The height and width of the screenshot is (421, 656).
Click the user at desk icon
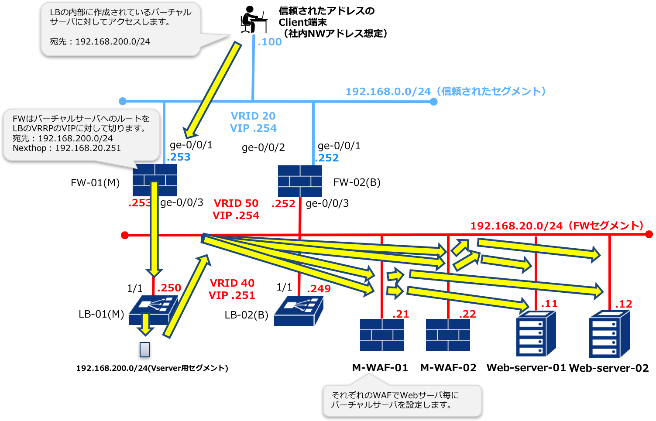pyautogui.click(x=254, y=19)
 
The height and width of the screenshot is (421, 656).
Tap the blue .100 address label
pyautogui.click(x=270, y=42)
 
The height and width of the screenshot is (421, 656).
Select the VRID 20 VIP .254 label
pyautogui.click(x=253, y=122)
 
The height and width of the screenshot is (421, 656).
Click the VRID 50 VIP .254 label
pyautogui.click(x=236, y=209)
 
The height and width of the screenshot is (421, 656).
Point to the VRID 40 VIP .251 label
pyautogui.click(x=232, y=289)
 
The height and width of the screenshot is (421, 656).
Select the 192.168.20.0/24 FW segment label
pyautogui.click(x=557, y=226)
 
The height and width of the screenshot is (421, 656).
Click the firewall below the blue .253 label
pyautogui.click(x=155, y=180)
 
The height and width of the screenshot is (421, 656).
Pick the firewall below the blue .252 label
pyautogui.click(x=300, y=181)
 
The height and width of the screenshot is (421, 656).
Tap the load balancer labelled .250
pyautogui.click(x=154, y=310)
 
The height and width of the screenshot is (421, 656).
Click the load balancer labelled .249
pyautogui.click(x=299, y=311)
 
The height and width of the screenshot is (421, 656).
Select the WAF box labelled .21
pyautogui.click(x=382, y=335)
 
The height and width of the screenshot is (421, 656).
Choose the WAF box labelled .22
pyautogui.click(x=448, y=335)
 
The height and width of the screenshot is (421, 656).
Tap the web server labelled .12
pyautogui.click(x=609, y=334)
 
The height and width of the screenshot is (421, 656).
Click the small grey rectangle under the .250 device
pyautogui.click(x=144, y=349)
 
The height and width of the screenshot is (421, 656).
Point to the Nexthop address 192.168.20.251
pyautogui.click(x=88, y=148)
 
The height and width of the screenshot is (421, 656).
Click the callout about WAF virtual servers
pyautogui.click(x=402, y=400)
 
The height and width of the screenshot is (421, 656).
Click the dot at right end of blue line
pyautogui.click(x=433, y=102)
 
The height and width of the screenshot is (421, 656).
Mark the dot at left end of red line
pyautogui.click(x=125, y=236)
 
